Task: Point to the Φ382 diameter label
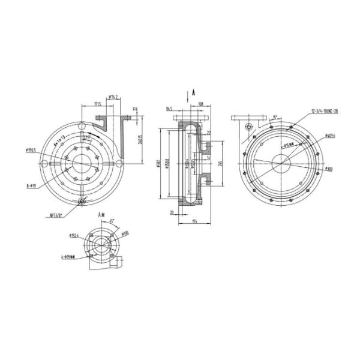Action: tap(158, 163)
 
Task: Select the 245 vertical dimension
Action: tap(221, 162)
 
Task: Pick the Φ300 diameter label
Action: tap(328, 170)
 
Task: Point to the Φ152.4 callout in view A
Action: tap(74, 235)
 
